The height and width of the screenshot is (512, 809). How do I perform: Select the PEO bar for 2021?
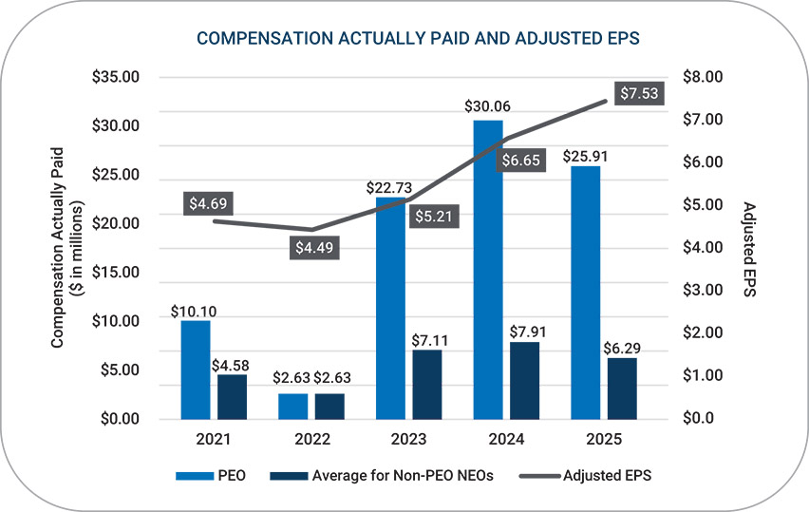click(196, 370)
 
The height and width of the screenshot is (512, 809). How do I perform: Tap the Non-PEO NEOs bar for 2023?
click(427, 384)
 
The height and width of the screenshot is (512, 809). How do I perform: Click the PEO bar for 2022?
click(293, 406)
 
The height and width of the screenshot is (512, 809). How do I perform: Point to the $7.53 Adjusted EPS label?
click(637, 93)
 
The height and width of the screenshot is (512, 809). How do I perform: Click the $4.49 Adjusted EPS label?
click(314, 247)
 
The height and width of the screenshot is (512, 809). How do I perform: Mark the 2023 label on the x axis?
click(408, 441)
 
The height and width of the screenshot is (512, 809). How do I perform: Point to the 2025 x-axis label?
click(603, 441)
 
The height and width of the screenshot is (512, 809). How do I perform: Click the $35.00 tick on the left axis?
click(116, 77)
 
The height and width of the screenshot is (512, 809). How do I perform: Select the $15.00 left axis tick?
click(116, 273)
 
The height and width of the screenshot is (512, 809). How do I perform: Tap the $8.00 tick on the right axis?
click(703, 77)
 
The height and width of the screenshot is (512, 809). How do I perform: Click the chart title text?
click(405, 39)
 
